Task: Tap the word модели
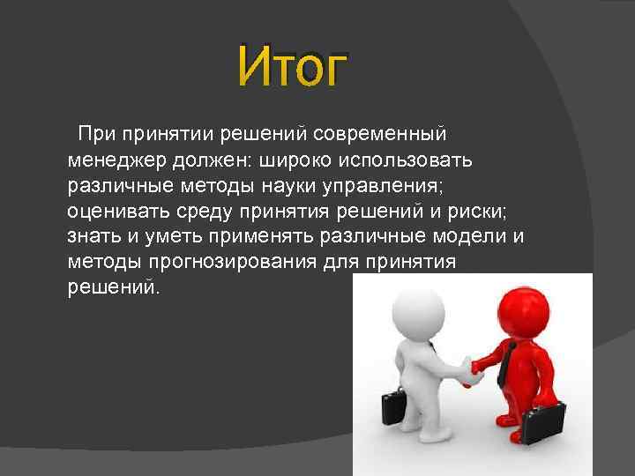tap(472, 237)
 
